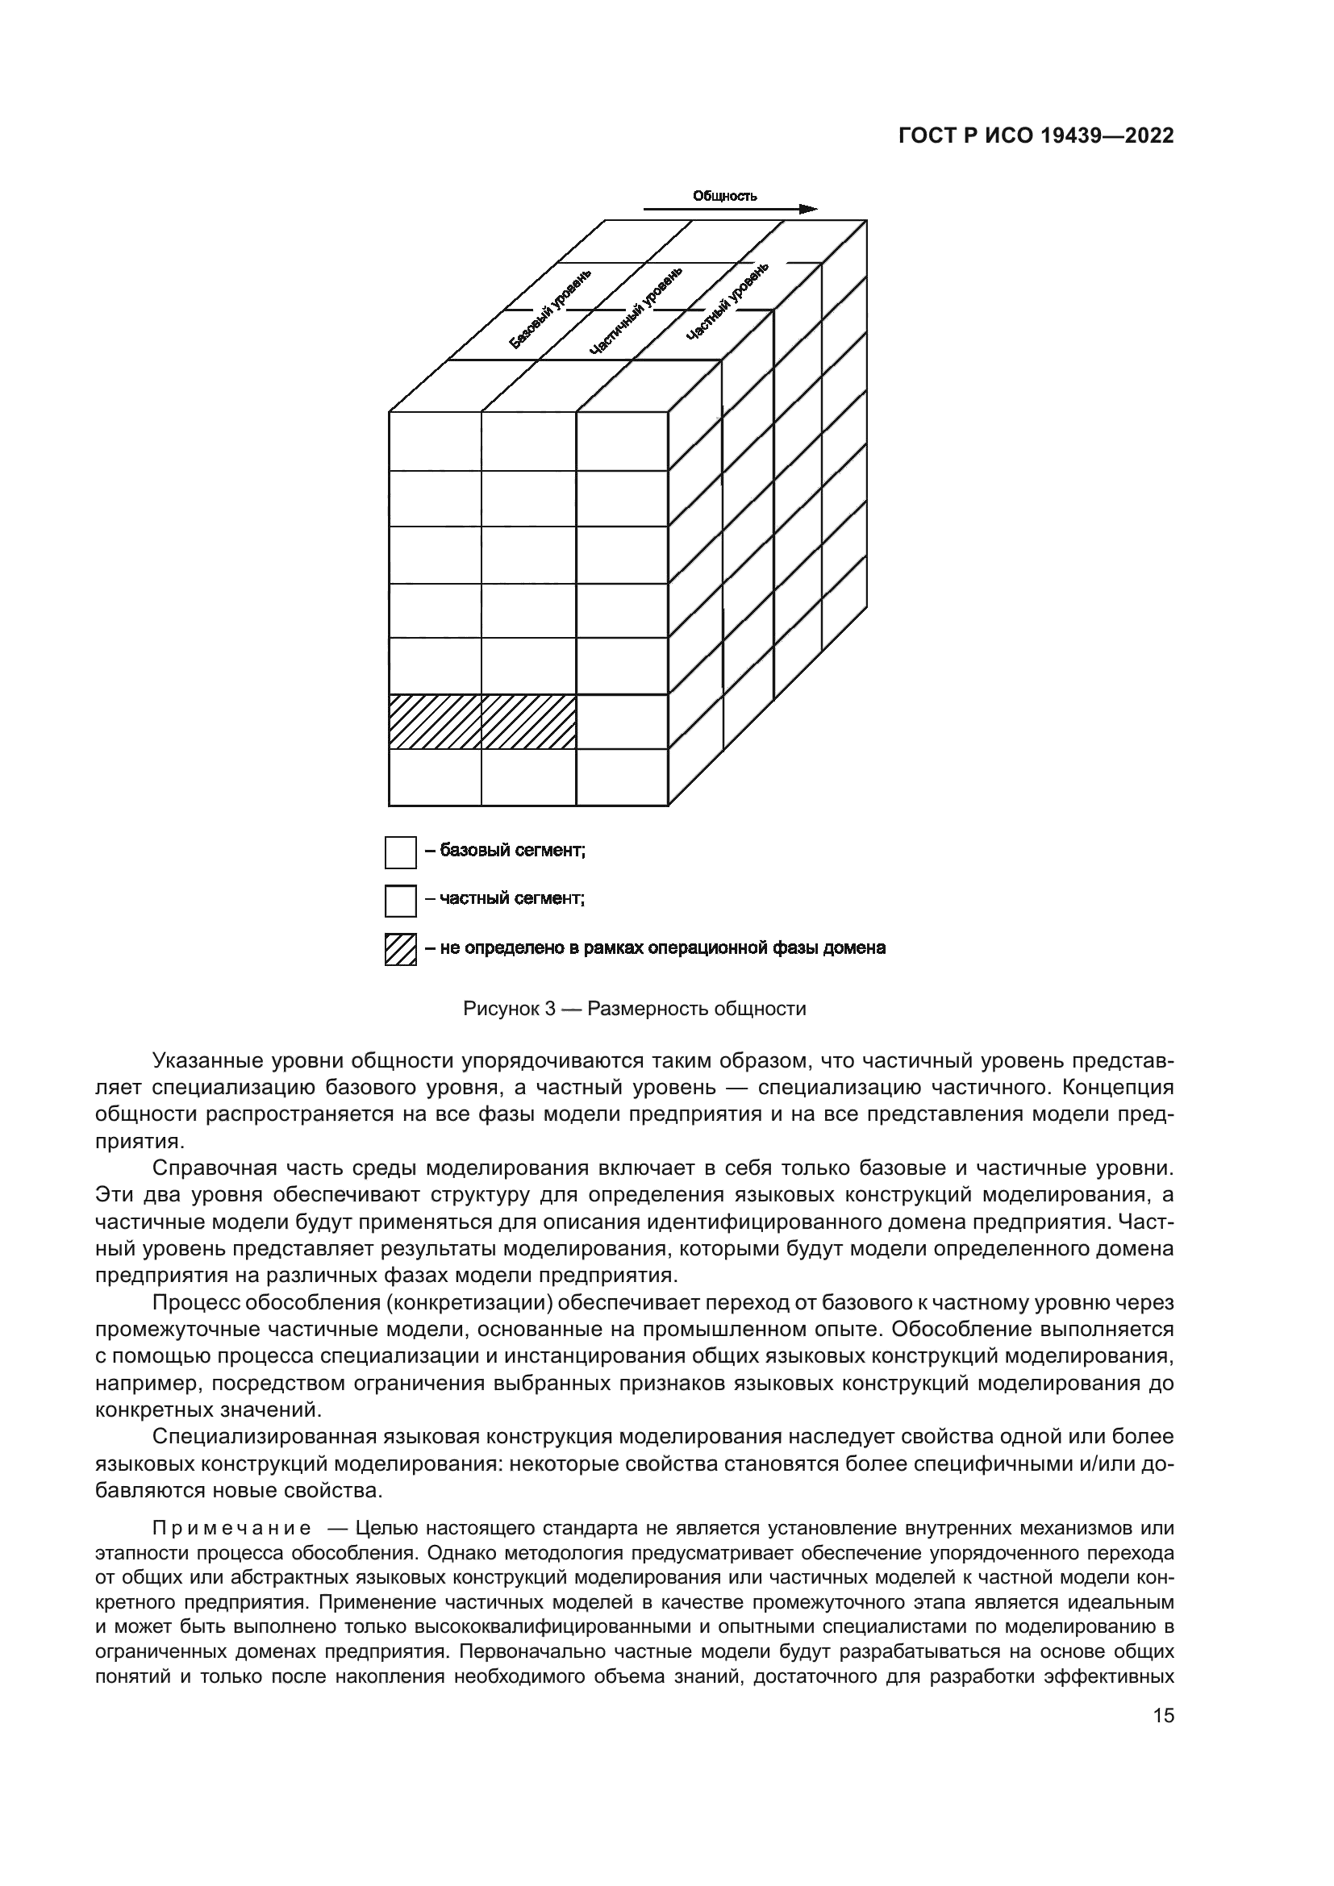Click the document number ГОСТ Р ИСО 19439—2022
(1036, 136)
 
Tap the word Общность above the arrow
(724, 195)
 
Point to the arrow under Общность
(730, 210)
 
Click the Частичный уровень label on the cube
(636, 310)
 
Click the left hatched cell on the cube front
(435, 722)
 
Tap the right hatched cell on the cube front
(528, 722)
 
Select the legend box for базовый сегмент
(401, 852)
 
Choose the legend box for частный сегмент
(401, 901)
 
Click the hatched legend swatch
(401, 950)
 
